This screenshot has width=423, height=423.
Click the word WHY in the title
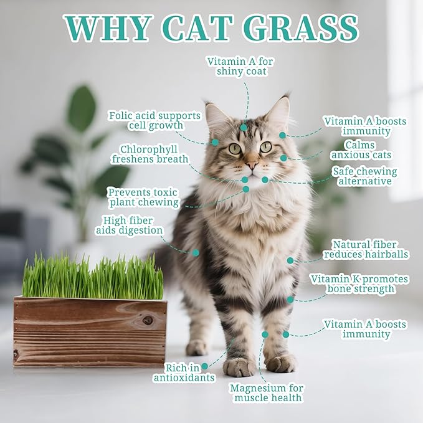[x=108, y=27]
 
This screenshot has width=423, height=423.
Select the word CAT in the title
[x=197, y=27]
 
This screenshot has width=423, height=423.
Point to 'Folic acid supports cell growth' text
[x=154, y=120]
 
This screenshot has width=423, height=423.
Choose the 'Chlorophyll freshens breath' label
[x=150, y=154]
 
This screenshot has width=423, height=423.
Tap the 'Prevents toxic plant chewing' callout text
[x=143, y=197]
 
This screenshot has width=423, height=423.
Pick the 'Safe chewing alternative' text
[x=364, y=176]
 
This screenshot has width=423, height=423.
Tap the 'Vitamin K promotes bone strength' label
[x=359, y=284]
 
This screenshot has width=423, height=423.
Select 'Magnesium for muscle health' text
[x=267, y=392]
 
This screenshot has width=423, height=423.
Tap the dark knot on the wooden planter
[x=148, y=320]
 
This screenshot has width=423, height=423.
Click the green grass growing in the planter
[x=93, y=277]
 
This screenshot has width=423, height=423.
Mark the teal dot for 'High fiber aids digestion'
[x=196, y=253]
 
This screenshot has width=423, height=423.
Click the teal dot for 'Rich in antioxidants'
[x=204, y=366]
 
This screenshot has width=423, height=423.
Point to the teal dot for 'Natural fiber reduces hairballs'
[x=290, y=260]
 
